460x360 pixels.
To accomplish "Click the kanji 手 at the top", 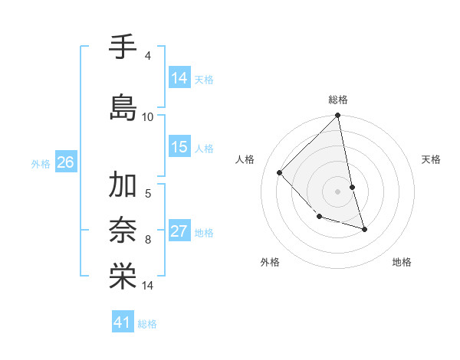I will [x=123, y=47].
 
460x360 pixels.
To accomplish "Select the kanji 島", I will [x=123, y=106].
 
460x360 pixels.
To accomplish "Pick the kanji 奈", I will [x=123, y=229].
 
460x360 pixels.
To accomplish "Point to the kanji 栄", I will [x=123, y=277].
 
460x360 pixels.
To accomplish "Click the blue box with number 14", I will [x=179, y=77].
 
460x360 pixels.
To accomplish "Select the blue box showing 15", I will [x=179, y=147].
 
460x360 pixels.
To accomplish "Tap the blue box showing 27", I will [x=179, y=231].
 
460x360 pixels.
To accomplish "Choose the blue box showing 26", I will [x=66, y=162].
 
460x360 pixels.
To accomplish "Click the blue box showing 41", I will [x=123, y=322].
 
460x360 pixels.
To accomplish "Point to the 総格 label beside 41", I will [x=147, y=324].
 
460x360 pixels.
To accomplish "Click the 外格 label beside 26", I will [x=41, y=163].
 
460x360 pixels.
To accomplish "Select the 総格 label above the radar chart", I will [x=338, y=100].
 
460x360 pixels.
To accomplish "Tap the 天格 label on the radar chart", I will [x=431, y=159].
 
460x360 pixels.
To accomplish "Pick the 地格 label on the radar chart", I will [x=402, y=262].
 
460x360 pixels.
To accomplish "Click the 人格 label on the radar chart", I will [x=245, y=159].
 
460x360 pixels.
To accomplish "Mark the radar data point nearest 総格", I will [x=338, y=116].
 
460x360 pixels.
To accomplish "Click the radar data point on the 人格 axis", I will [x=280, y=172].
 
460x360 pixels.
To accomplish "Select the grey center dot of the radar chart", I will [x=338, y=191].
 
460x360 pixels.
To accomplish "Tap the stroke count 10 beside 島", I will [x=148, y=116].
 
